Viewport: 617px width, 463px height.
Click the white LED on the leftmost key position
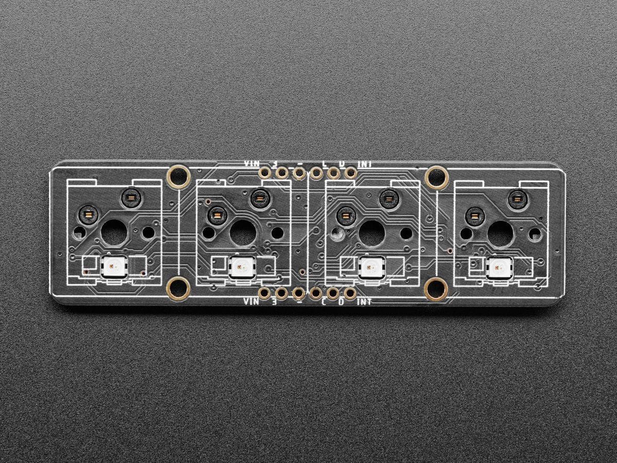[114, 266]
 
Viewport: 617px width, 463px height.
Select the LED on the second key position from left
[242, 266]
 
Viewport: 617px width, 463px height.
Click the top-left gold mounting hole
[179, 177]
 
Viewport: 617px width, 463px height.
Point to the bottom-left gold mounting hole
[179, 289]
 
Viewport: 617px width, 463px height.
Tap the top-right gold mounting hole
[437, 177]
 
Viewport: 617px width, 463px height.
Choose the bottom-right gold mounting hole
[437, 289]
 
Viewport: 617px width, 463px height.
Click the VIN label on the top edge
[252, 164]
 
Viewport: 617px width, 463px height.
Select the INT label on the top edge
[365, 164]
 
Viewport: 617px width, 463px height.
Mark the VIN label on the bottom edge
[252, 301]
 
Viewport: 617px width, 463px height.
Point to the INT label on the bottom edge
[365, 301]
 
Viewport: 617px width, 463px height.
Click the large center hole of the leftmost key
[114, 233]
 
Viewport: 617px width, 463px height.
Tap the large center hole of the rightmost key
[500, 233]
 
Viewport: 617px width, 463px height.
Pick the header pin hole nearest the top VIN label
[264, 173]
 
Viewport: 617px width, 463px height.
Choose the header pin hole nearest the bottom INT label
[350, 294]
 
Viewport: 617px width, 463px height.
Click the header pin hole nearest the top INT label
[350, 173]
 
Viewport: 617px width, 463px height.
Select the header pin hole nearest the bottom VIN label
[264, 294]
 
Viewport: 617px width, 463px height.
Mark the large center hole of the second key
[242, 233]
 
